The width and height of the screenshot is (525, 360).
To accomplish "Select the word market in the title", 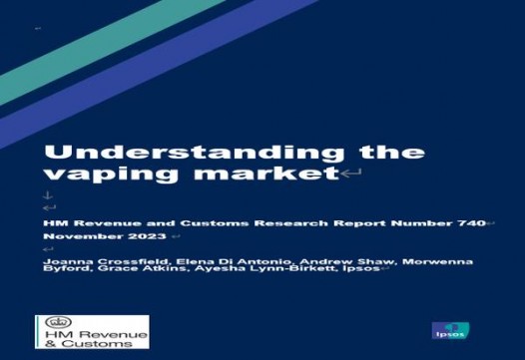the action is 266,173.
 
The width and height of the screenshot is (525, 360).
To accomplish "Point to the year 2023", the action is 147,236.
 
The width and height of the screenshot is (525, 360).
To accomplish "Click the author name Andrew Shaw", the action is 346,261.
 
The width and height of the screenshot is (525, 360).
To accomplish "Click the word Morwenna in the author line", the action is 437,261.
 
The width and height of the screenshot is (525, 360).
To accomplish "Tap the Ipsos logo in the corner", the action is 450,330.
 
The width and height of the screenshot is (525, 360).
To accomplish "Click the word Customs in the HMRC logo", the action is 97,344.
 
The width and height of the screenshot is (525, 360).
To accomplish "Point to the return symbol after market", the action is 351,173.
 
